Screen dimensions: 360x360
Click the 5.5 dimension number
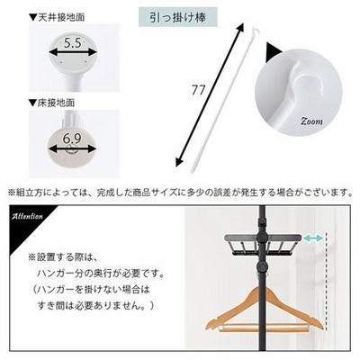pos(73,43)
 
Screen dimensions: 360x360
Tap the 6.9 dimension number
pos(72,139)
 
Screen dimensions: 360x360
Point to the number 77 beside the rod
pos(198,90)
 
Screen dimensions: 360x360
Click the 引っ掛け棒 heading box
pos(178,18)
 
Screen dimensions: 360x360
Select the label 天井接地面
pos(60,17)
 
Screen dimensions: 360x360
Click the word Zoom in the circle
pos(311,121)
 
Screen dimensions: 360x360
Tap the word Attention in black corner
pos(27,216)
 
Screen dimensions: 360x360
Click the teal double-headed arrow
pos(313,238)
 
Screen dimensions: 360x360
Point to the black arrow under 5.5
pos(73,53)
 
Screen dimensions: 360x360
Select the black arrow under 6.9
pos(72,148)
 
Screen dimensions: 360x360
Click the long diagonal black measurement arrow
pos(210,95)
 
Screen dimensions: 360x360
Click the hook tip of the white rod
pos(256,29)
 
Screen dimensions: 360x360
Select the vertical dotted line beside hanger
pos(326,281)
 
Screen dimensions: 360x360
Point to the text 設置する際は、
pos(66,257)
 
